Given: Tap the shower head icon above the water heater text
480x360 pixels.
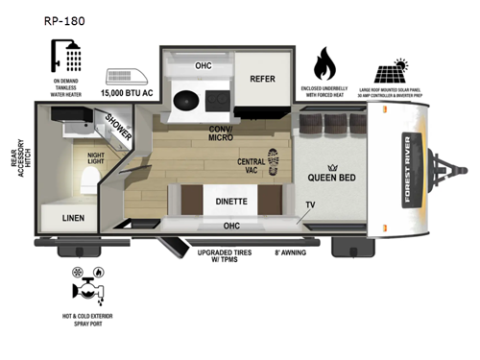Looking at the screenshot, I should [71, 56].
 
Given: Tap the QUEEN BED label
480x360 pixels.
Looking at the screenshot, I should [332, 177].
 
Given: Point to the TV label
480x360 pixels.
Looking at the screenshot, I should [310, 204].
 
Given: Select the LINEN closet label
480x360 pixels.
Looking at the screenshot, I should [60, 219].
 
